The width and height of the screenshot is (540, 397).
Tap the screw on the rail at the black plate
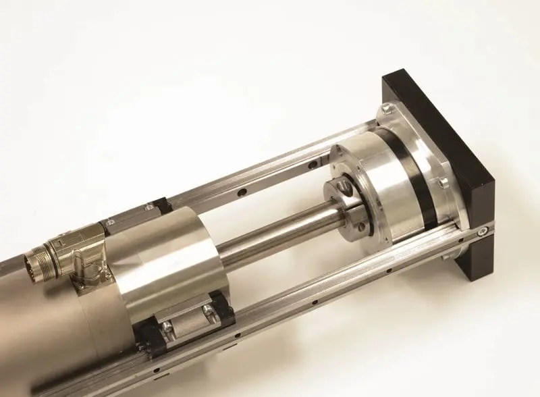[x=482, y=232]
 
